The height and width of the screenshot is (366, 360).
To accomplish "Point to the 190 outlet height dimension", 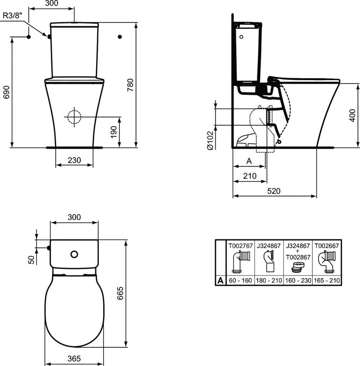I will pyautogui.click(x=114, y=132).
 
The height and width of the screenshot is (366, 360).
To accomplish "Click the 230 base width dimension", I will pyautogui.click(x=74, y=160).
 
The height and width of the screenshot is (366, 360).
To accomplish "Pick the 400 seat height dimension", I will pyautogui.click(x=353, y=115).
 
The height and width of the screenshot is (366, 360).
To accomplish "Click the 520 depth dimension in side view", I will pyautogui.click(x=274, y=191).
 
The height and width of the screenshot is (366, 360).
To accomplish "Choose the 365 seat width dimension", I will pyautogui.click(x=74, y=358).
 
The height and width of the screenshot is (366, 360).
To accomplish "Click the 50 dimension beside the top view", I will pyautogui.click(x=31, y=260).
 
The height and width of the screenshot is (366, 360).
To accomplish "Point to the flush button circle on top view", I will pyautogui.click(x=74, y=254).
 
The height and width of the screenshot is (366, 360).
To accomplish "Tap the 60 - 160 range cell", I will pyautogui.click(x=240, y=281).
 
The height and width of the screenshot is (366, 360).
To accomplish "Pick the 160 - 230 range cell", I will pyautogui.click(x=298, y=281).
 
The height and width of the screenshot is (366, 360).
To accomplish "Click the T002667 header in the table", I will pyautogui.click(x=326, y=246).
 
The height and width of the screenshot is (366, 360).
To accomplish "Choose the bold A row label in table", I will pyautogui.click(x=220, y=281).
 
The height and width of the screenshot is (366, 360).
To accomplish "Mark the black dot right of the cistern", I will pyautogui.click(x=120, y=36).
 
